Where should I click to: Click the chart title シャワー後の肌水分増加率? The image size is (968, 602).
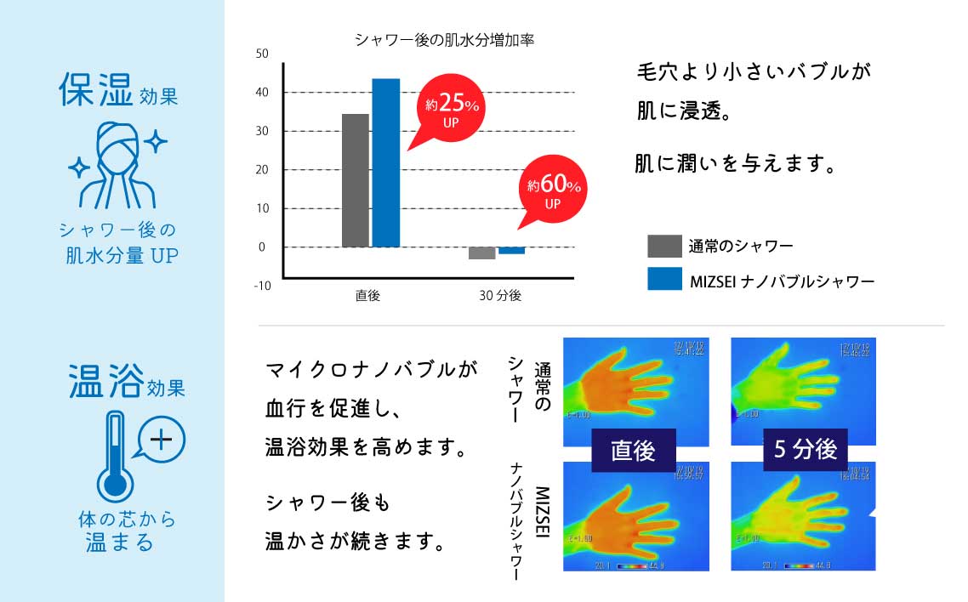click(x=443, y=40)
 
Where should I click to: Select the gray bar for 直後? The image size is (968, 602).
click(x=355, y=180)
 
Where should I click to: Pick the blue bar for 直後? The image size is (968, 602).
click(x=385, y=162)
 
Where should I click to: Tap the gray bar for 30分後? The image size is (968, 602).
click(x=482, y=253)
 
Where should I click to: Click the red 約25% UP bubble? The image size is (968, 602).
click(x=451, y=110)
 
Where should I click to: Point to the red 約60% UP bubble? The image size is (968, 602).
click(x=553, y=190)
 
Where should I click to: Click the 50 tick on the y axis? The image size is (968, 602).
click(x=262, y=54)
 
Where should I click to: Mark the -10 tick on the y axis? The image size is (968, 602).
click(x=262, y=286)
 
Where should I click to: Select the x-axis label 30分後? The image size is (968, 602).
click(x=500, y=296)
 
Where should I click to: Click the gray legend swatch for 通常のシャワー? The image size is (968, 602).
click(x=664, y=246)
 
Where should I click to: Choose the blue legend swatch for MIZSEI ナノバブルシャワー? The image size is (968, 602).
click(x=664, y=279)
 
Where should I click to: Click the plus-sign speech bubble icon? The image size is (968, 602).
click(x=160, y=440)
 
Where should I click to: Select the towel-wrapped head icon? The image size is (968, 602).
click(x=115, y=166)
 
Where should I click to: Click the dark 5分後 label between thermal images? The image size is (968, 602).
click(x=804, y=448)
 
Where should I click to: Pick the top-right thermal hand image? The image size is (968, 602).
click(x=803, y=383)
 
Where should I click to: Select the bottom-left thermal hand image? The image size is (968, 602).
click(x=635, y=519)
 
